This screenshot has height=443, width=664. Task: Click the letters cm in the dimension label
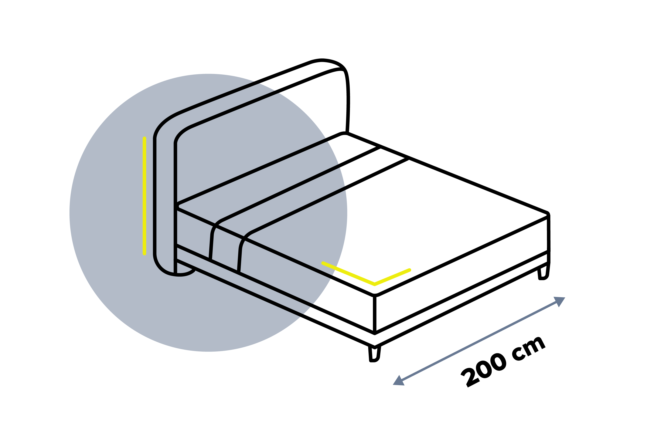click(x=528, y=349)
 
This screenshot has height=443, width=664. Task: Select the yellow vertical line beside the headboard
click(x=144, y=196)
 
